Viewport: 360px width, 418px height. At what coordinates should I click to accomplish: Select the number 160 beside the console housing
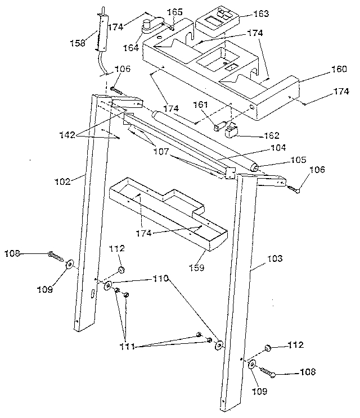[339, 70]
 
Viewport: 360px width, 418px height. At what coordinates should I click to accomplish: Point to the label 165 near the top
[176, 11]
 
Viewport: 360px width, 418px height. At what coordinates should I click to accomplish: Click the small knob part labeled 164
[148, 25]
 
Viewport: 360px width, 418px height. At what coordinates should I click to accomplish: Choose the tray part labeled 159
[169, 213]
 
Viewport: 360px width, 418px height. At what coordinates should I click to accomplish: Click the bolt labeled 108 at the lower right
[271, 371]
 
